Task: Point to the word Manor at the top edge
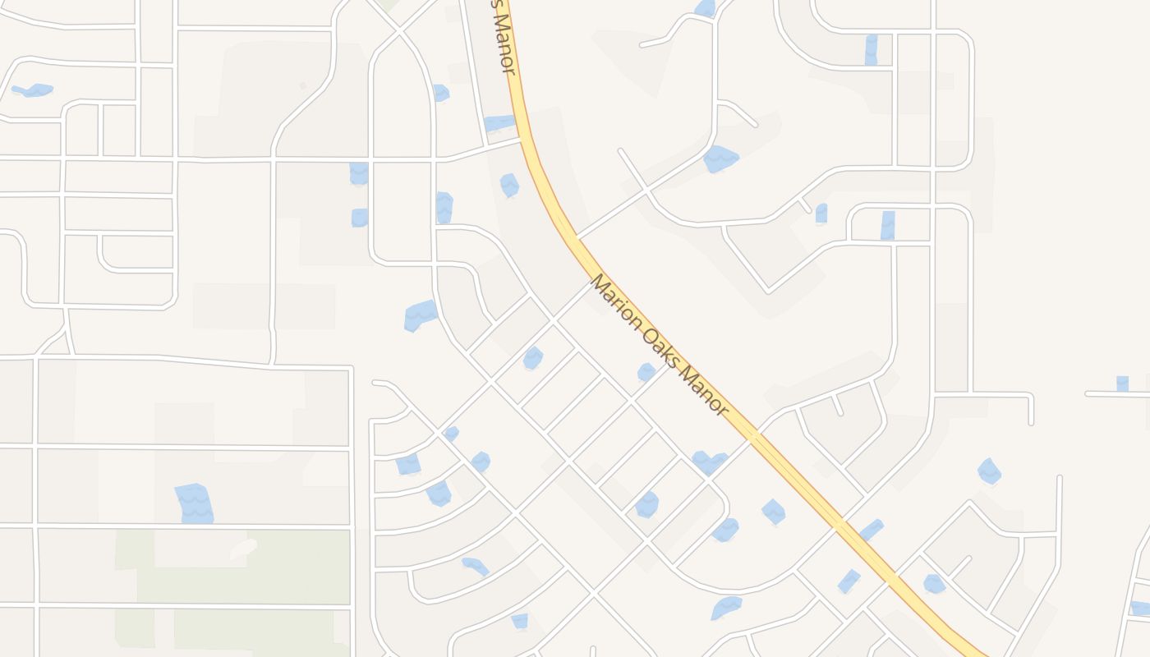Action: (x=506, y=45)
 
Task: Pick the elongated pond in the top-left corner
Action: (x=33, y=90)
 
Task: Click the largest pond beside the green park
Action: (x=195, y=503)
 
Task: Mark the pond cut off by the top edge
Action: (x=705, y=8)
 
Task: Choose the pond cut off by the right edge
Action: (x=1140, y=608)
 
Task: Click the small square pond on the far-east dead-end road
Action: (x=1122, y=384)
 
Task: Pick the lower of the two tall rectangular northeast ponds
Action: (x=887, y=225)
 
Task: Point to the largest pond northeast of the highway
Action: (x=720, y=159)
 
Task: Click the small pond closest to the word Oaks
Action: (x=646, y=372)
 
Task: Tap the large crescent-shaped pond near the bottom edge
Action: (x=726, y=608)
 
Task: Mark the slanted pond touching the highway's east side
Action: (x=871, y=530)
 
